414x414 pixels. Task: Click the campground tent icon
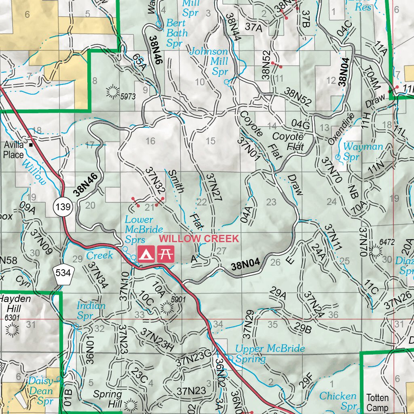(x=146, y=253)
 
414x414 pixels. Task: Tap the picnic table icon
(x=166, y=253)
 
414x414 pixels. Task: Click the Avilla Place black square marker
(x=31, y=144)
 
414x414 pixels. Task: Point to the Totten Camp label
(x=377, y=403)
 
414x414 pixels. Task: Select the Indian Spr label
(x=91, y=310)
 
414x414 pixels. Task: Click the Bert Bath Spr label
(x=177, y=32)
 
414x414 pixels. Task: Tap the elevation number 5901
(x=178, y=300)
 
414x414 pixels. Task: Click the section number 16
(x=150, y=141)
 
